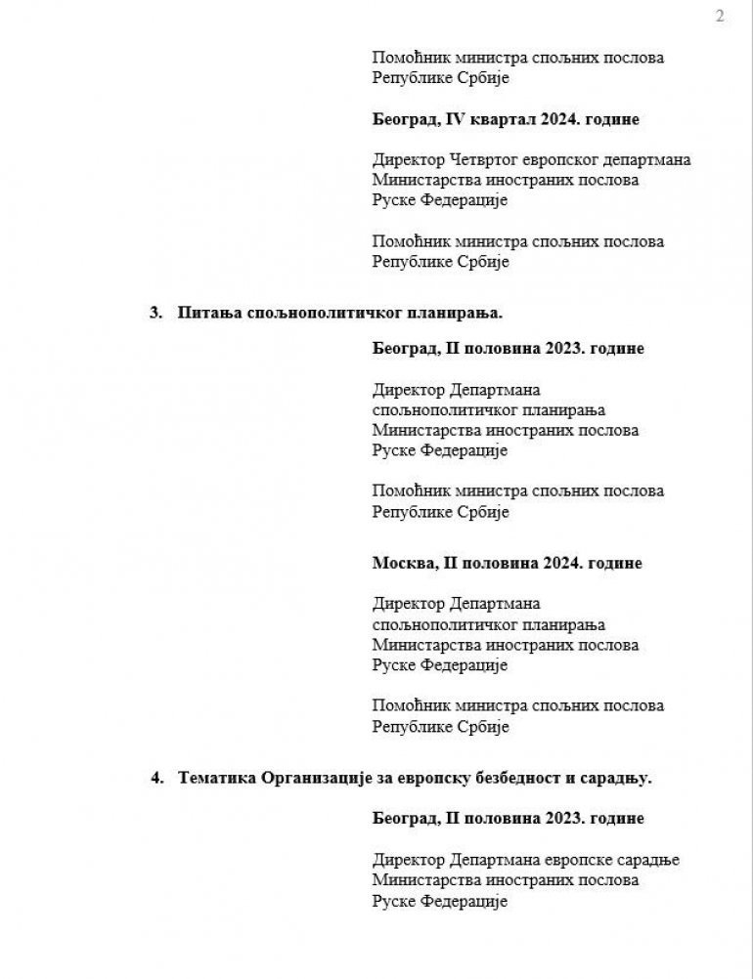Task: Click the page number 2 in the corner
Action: tap(720, 17)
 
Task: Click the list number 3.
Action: tap(155, 313)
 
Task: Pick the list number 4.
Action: tap(155, 778)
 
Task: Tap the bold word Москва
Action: tap(403, 564)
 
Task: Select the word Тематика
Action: tap(218, 778)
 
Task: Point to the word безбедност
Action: tap(524, 778)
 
